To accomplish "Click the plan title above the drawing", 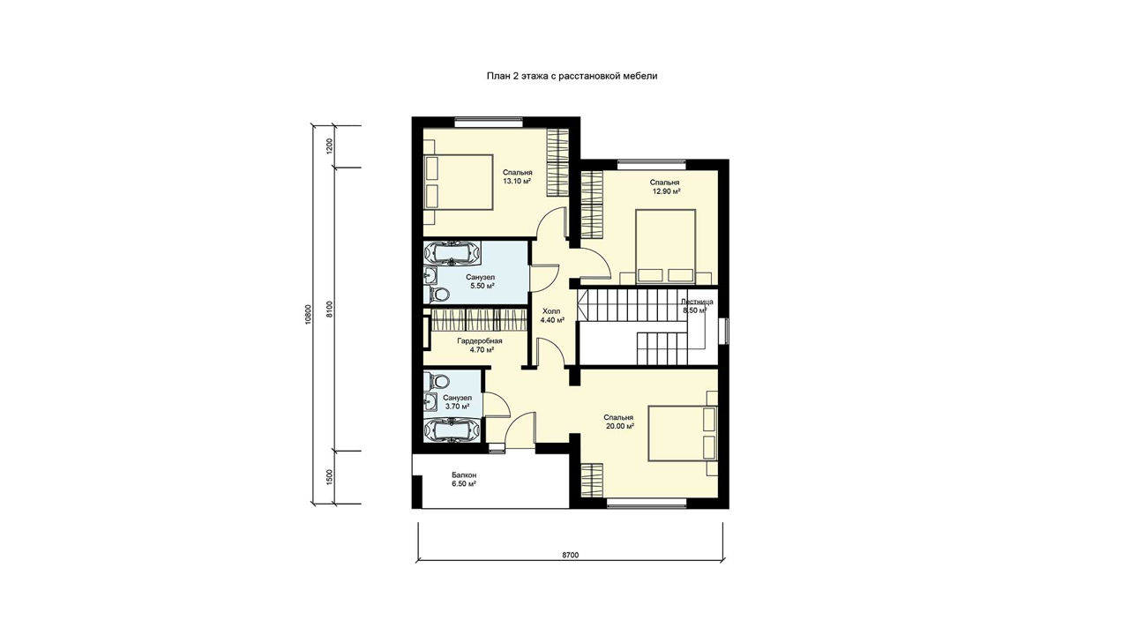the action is [x=572, y=76].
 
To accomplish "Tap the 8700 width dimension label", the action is [x=571, y=555].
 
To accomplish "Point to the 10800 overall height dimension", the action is [x=309, y=315].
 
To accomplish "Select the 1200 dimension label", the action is [x=330, y=146].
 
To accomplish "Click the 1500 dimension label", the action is [x=330, y=477].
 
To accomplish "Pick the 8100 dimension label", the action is [x=330, y=310].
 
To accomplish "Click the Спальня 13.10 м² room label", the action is [x=517, y=177].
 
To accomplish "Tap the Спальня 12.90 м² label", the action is [x=665, y=186].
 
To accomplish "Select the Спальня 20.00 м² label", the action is [x=619, y=422].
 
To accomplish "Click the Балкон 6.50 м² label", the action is [x=464, y=479].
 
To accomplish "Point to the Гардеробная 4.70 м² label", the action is [x=480, y=345].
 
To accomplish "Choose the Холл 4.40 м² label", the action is [x=551, y=316].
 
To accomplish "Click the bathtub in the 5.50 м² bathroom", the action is [x=452, y=253].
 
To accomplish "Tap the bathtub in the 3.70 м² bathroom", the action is [x=452, y=431].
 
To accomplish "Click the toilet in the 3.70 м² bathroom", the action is [x=437, y=382].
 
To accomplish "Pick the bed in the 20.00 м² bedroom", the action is [x=683, y=433].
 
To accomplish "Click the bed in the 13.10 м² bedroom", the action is [x=458, y=182].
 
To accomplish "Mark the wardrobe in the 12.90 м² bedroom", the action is [x=592, y=205].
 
